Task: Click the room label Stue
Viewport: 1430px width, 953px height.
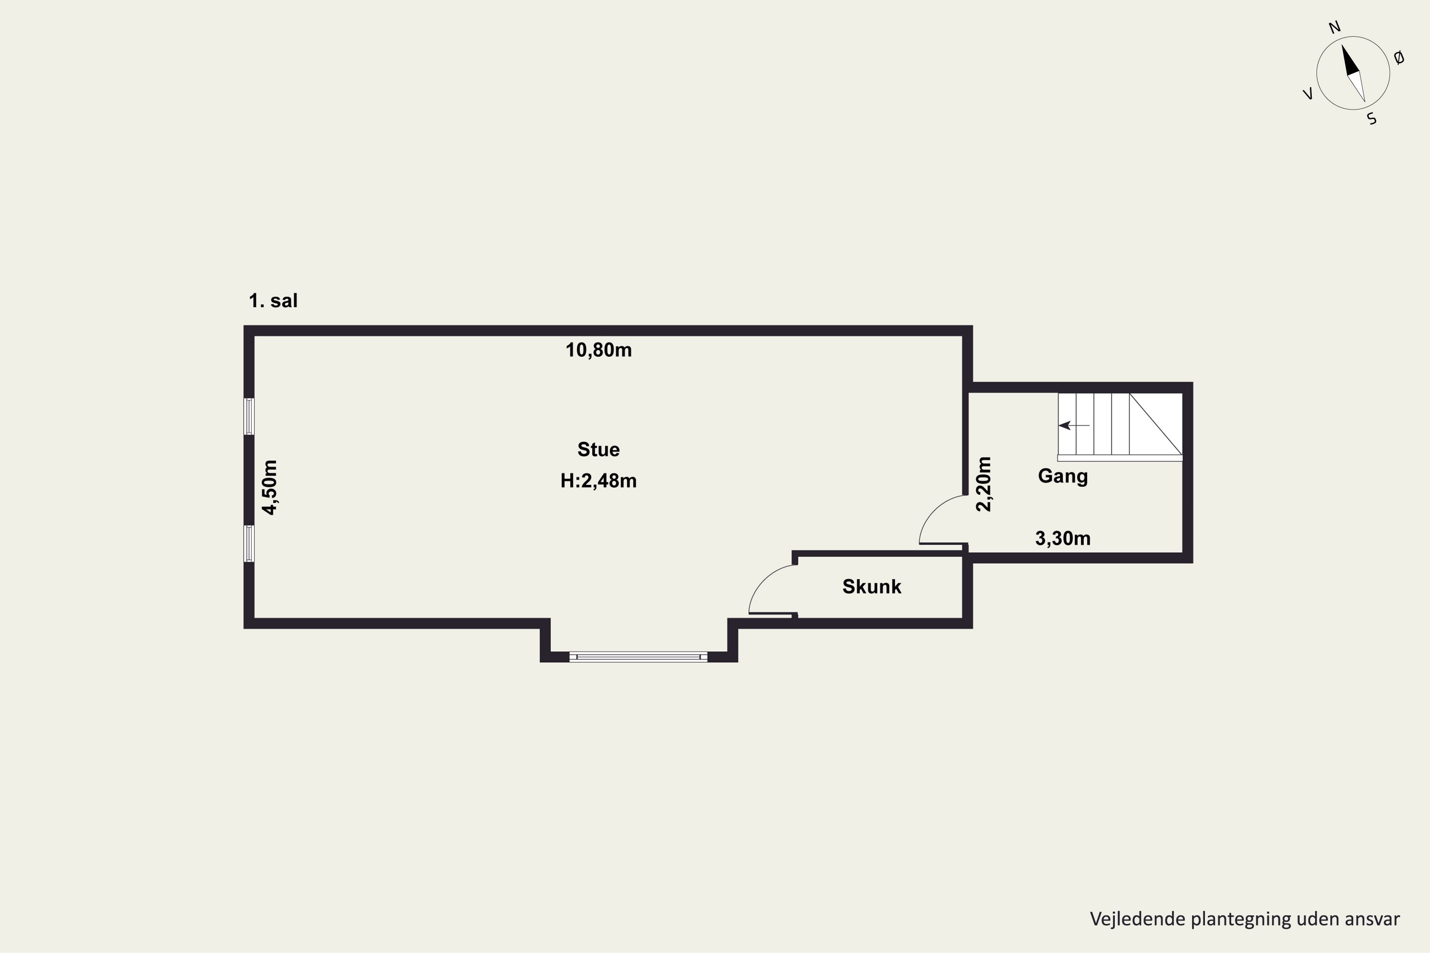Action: point(598,449)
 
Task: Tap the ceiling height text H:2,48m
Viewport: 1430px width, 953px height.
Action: point(598,481)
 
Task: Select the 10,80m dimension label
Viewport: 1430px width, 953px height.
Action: point(598,350)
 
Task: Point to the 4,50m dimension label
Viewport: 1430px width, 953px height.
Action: point(269,487)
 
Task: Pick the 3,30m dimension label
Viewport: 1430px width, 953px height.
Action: point(1063,538)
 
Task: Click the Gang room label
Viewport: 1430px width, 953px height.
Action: point(1063,476)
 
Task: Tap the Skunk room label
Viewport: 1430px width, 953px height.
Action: point(871,587)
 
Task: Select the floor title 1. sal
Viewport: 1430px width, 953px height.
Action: point(273,301)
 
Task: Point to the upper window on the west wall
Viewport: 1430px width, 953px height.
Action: point(249,416)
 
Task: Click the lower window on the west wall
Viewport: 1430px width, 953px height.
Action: point(249,543)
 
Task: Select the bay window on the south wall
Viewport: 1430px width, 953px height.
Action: point(638,657)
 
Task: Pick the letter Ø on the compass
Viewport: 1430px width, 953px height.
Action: point(1399,58)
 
